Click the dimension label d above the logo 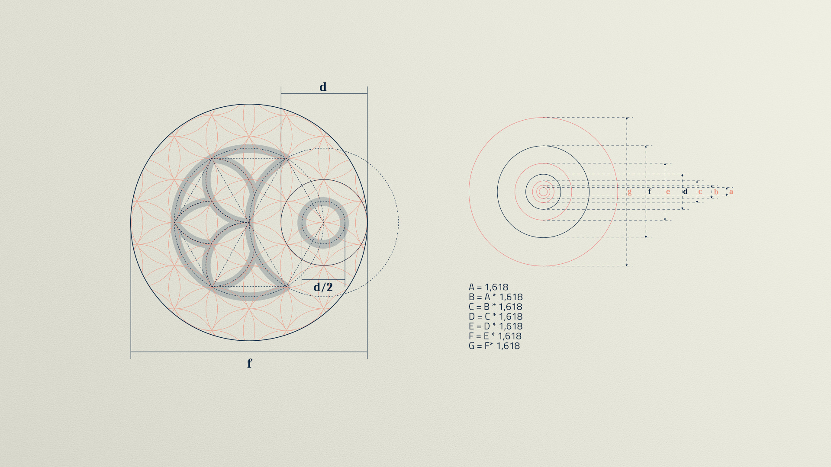coord(323,87)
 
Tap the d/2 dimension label coord(323,287)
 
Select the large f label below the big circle coord(249,363)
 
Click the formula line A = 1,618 coord(488,287)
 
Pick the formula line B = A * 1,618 coord(496,297)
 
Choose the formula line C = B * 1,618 coord(496,307)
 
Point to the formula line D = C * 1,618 coord(496,317)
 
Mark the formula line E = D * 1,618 coord(496,326)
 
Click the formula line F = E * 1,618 coord(495,336)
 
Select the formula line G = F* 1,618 coord(494,346)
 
